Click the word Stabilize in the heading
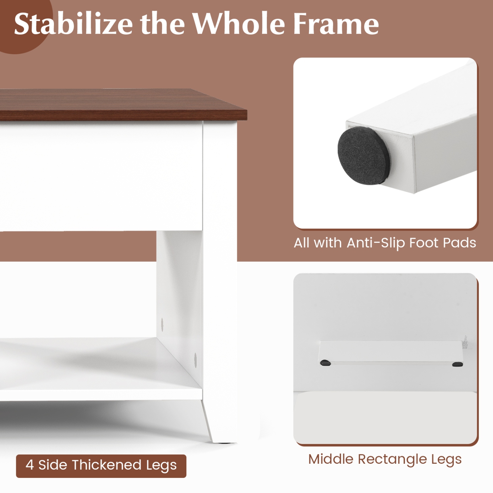(73, 24)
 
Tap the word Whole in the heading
(239, 24)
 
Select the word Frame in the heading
(336, 24)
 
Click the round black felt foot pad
(364, 155)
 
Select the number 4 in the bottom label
(30, 465)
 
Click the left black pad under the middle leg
(325, 363)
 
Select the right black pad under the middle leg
(458, 364)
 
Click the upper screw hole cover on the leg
(162, 324)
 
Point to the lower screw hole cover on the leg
(195, 360)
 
